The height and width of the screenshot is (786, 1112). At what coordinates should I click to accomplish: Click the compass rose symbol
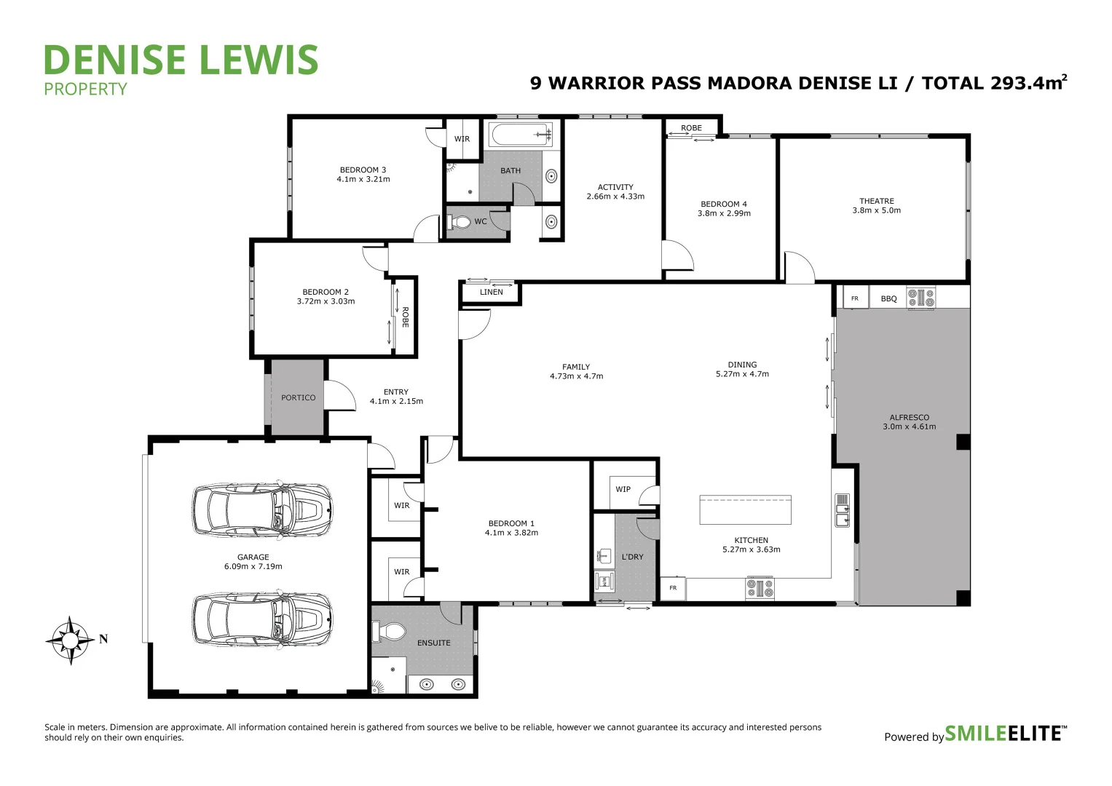(71, 640)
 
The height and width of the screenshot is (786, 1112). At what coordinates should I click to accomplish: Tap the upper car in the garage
(263, 510)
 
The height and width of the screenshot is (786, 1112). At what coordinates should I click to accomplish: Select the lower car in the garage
(263, 619)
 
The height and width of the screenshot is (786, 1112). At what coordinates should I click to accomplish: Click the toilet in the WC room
(460, 221)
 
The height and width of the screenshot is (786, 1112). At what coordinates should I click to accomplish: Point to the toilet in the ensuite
(391, 631)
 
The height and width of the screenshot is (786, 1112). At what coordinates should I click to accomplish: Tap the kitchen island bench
(745, 509)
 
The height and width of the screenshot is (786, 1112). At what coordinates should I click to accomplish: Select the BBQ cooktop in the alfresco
(920, 298)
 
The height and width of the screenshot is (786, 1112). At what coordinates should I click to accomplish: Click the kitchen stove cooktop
(760, 588)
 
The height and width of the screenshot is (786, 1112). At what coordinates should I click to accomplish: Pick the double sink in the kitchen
(842, 509)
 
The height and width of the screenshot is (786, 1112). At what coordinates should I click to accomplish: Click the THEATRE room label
(876, 201)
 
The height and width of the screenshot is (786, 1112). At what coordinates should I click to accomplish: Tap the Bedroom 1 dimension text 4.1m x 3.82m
(511, 533)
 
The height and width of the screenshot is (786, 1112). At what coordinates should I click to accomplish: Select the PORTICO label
(299, 398)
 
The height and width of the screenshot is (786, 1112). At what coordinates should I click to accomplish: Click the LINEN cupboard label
(492, 293)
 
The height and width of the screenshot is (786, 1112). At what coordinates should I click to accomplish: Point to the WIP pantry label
(623, 489)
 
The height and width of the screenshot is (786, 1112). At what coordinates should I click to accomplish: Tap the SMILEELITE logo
(1005, 734)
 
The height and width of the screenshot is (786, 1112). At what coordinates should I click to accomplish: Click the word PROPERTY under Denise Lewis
(85, 90)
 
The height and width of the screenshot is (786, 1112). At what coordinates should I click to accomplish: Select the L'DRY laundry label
(632, 557)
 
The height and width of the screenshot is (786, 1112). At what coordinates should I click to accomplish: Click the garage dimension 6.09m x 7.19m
(253, 566)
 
